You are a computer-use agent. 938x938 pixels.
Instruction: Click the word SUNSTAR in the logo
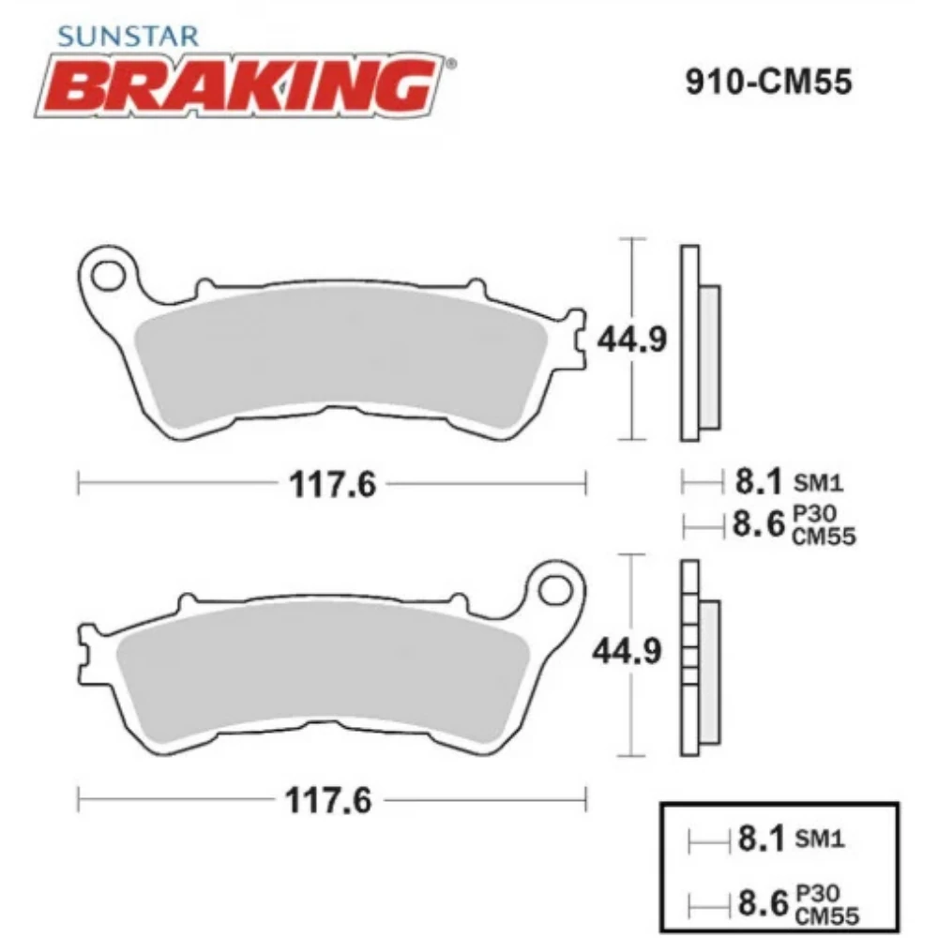point(128,36)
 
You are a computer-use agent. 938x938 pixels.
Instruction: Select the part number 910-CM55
point(767,83)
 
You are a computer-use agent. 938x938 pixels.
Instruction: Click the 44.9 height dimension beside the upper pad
point(635,340)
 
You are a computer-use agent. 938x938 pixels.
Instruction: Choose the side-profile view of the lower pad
point(699,657)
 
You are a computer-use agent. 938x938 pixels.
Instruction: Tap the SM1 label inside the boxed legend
point(820,839)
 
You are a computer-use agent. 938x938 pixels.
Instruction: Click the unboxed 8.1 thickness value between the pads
point(758,483)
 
